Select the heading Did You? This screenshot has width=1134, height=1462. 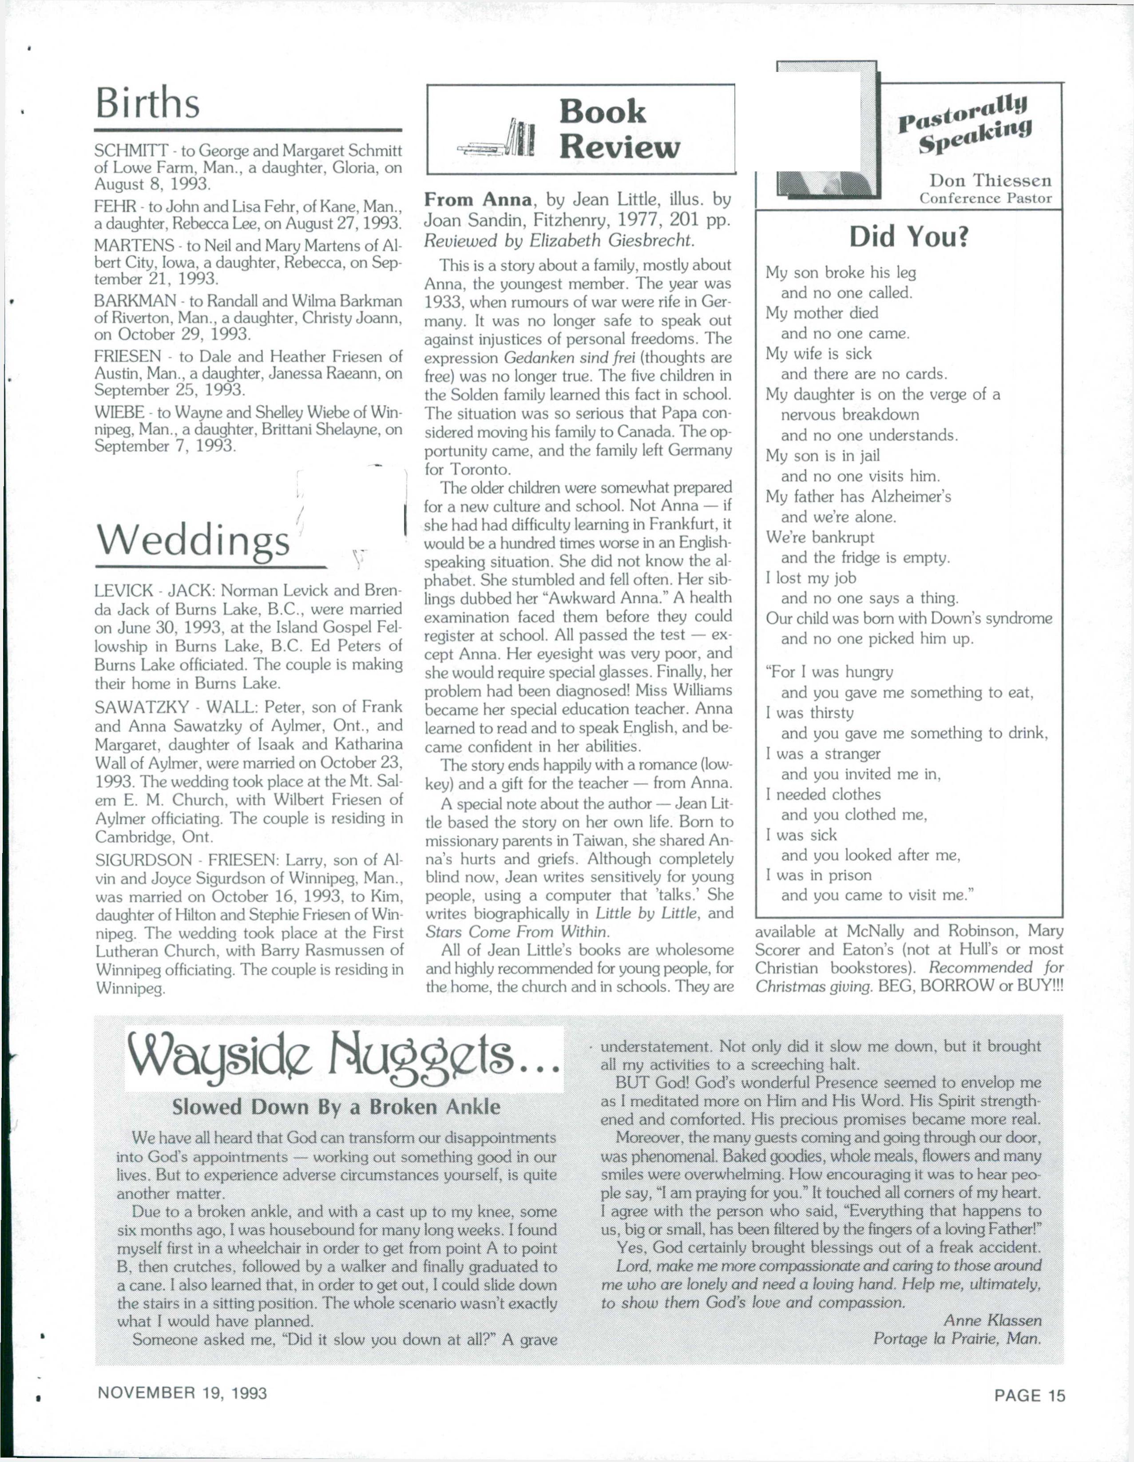(908, 237)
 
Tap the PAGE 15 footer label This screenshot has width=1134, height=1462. (1029, 1393)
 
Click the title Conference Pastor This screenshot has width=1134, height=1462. (985, 198)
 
